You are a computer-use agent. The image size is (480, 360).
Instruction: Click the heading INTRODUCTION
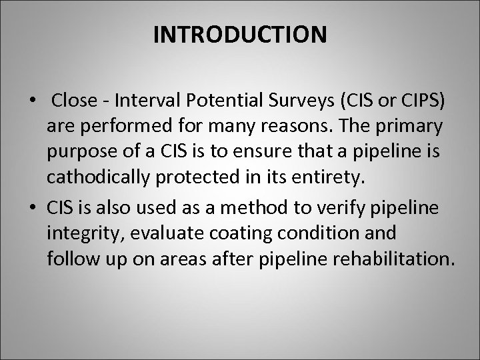[240, 35]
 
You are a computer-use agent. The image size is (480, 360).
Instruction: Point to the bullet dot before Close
[33, 101]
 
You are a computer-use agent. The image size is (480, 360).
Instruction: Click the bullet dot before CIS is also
[33, 207]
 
